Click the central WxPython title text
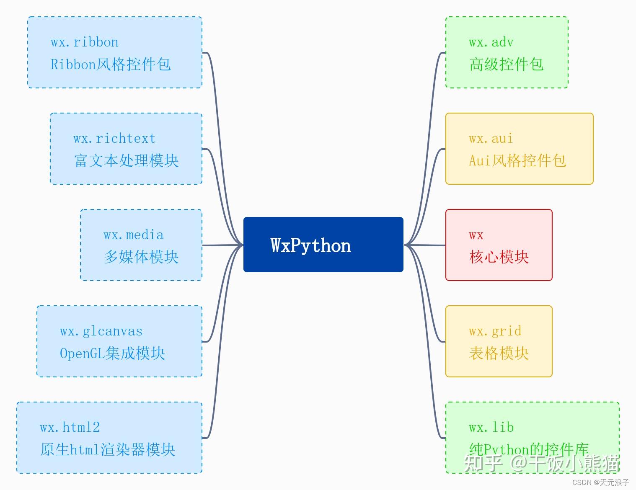pos(310,245)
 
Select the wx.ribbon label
pos(84,42)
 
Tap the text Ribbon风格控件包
pos(110,64)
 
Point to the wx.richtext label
pos(114,139)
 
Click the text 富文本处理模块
pos(126,161)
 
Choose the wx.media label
pos(133,235)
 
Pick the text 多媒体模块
pos(141,257)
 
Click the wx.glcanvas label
pos(101,331)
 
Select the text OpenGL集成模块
pos(112,353)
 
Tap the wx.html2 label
pos(70,428)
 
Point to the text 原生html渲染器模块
pos(107,450)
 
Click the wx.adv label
pos(491,42)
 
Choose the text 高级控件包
pos(506,64)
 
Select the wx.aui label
pos(491,139)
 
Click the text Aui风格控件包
pos(517,161)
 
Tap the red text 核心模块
pos(499,257)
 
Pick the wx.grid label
pos(495,331)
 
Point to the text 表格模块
pos(499,353)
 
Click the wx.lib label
pos(491,428)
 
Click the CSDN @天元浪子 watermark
pos(600,482)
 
